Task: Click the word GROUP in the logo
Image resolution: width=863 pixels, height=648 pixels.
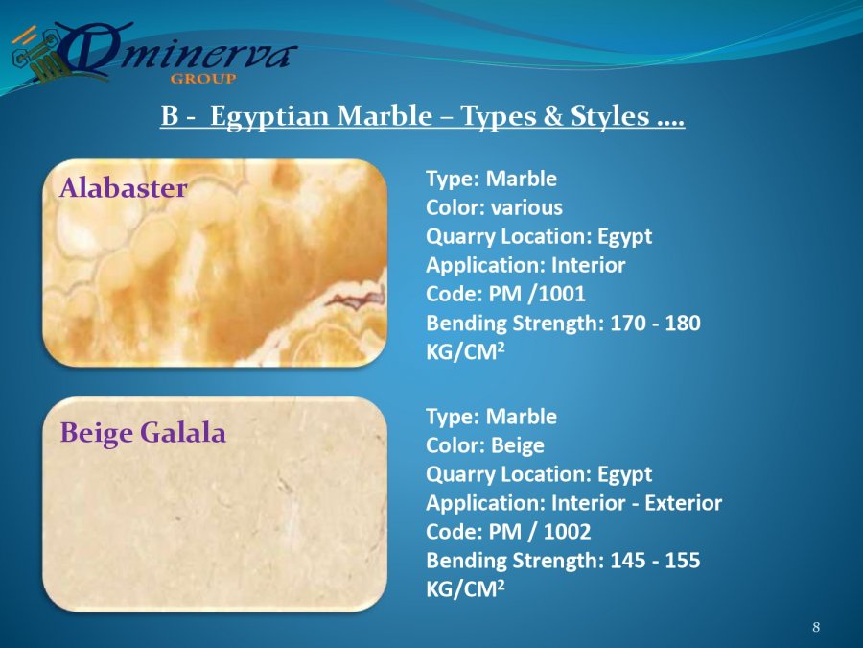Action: tap(203, 79)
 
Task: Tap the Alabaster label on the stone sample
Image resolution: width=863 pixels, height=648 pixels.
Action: tap(124, 188)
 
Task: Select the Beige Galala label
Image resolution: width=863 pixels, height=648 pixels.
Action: tap(143, 433)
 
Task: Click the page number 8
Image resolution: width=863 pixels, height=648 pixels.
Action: tap(816, 627)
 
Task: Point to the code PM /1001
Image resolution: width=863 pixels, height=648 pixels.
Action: tap(537, 294)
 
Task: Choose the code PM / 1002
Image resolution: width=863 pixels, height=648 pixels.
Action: tap(539, 532)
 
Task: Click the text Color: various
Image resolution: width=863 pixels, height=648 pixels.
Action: tap(494, 207)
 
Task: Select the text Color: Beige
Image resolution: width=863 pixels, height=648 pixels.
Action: tap(485, 445)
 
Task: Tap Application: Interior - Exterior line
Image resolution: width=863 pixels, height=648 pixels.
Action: tap(573, 503)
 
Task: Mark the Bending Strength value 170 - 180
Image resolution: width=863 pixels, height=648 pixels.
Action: tap(655, 323)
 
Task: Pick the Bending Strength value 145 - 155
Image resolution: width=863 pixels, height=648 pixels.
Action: tap(655, 561)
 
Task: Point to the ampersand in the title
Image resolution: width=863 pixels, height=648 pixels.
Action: tap(553, 116)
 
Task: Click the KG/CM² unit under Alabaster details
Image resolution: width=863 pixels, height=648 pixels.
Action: tap(465, 351)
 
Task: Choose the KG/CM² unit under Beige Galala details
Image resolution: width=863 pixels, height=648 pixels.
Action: tap(465, 589)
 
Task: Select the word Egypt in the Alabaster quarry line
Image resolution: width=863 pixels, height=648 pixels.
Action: tap(624, 237)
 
